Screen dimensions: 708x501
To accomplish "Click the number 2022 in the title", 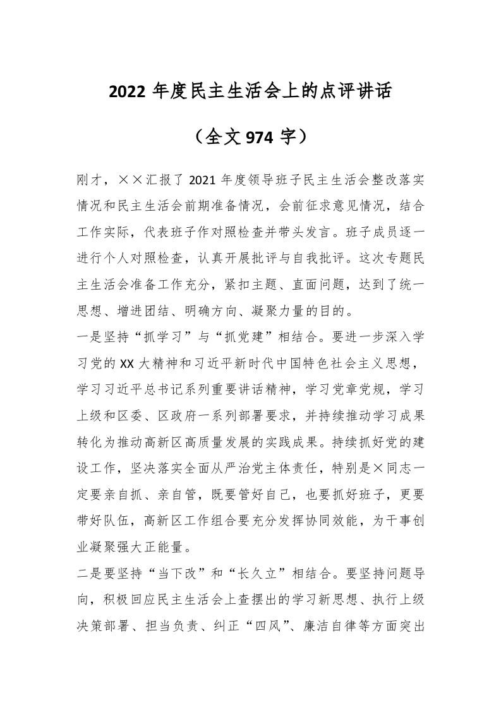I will pos(128,92).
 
